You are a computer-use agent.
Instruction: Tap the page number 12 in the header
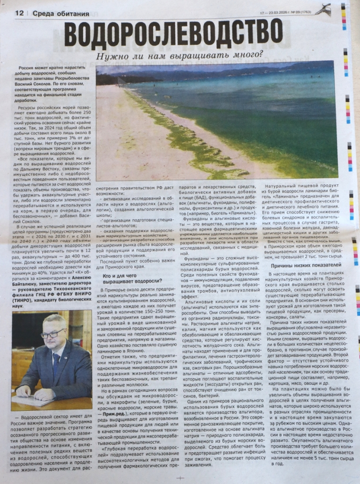(x=19, y=13)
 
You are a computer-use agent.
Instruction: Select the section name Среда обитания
(x=61, y=14)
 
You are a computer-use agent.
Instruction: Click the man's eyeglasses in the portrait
(x=51, y=334)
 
